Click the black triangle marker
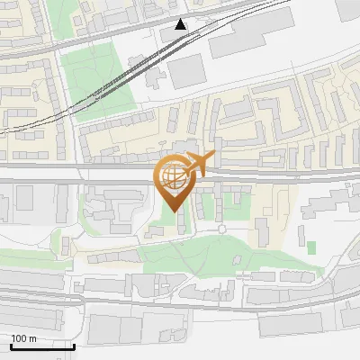pos(181,24)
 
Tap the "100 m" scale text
pos(24,338)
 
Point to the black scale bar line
pos(42,346)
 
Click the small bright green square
pos(311,247)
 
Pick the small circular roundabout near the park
pos(221,229)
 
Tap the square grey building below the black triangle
pos(188,71)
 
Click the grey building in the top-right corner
pos(347,9)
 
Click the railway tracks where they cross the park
pos(118,77)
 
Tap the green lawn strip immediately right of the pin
pos(207,206)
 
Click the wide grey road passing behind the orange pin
pos(90,181)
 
